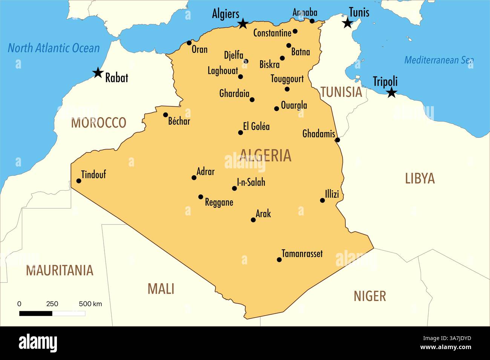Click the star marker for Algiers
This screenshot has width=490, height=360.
point(243,24)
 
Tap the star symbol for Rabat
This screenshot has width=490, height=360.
point(98,73)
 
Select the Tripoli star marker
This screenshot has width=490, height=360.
point(392,92)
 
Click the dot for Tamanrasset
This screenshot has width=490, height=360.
point(279,260)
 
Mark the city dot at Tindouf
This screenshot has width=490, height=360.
point(79,181)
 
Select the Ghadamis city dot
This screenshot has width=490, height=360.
point(337,140)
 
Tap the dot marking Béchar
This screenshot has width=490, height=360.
point(165,115)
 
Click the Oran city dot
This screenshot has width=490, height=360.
point(189,43)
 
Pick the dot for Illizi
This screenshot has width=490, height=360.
point(322,200)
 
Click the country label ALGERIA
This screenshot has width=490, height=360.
point(265,156)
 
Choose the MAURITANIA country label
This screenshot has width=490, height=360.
point(60,270)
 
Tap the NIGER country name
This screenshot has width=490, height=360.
point(369,296)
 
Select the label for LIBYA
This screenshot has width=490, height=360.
point(420,178)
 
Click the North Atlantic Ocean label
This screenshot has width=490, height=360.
point(54,48)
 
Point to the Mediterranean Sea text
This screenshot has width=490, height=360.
point(439,60)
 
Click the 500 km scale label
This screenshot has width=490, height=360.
point(90,304)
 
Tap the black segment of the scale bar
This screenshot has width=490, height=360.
point(36,313)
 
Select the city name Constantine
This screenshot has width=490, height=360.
point(272,33)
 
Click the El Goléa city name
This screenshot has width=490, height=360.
point(256,127)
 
